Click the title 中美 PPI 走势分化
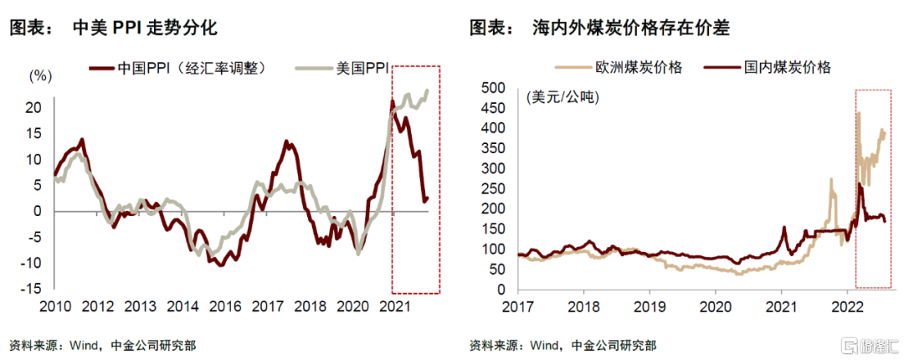145,28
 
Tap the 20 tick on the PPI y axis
33,107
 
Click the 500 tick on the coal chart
493,87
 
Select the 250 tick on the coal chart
493,189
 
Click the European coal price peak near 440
858,112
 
